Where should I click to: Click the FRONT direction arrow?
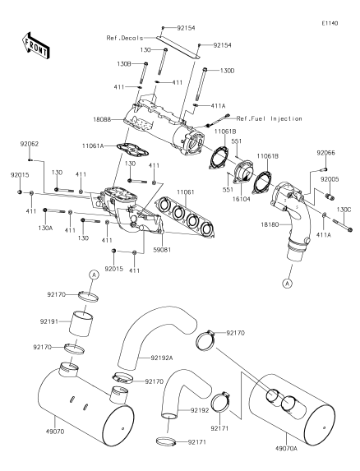(36, 46)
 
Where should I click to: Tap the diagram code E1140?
(330, 23)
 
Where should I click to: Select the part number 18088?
(102, 119)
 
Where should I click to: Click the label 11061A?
(93, 146)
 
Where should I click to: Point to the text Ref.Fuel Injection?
(269, 118)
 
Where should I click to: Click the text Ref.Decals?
(125, 38)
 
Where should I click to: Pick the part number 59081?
(162, 250)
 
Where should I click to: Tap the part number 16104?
(241, 199)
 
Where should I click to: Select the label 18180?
(270, 224)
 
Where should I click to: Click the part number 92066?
(326, 153)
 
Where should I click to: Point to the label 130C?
(344, 210)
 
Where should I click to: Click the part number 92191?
(49, 321)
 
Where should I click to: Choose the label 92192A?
(162, 358)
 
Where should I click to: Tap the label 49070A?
(286, 449)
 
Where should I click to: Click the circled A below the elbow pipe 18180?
(288, 284)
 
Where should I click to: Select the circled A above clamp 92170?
(94, 275)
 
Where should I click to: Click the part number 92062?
(30, 144)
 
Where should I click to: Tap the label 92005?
(330, 179)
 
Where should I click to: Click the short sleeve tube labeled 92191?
(81, 324)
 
